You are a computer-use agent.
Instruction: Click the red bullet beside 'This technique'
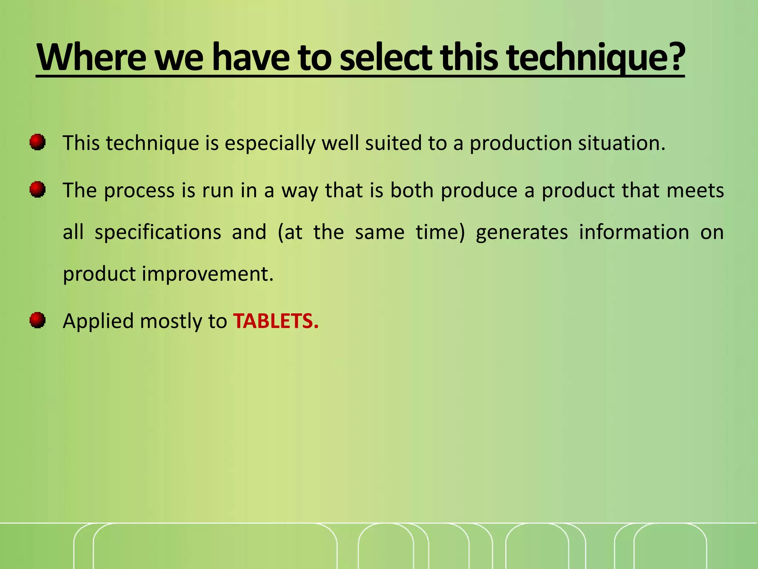(37, 142)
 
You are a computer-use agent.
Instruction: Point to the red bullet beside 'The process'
(37, 190)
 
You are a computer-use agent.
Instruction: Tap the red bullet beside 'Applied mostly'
(37, 320)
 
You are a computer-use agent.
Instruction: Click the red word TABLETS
(276, 321)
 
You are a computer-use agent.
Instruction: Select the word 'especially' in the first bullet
(270, 144)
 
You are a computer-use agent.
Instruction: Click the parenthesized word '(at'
(290, 233)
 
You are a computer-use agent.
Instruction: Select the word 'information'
(634, 232)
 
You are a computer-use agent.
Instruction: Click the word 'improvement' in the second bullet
(208, 274)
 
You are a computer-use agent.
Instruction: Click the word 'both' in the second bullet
(412, 190)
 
